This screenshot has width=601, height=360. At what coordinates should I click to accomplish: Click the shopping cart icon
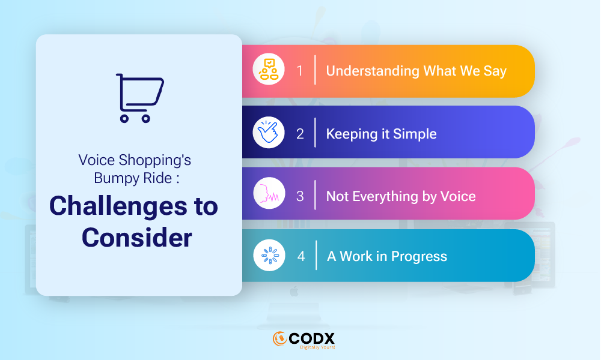pos(140,98)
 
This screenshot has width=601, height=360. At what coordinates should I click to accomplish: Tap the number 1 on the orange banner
pos(300,71)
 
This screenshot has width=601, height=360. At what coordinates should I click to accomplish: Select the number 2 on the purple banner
pos(300,134)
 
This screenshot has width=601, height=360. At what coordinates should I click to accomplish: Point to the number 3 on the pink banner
pos(300,196)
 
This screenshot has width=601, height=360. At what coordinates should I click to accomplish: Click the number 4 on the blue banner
pos(301,256)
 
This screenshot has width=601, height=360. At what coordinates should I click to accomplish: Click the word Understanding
pos(373,71)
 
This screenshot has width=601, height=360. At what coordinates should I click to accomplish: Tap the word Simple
pos(415,134)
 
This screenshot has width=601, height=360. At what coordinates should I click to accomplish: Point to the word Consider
pos(137,238)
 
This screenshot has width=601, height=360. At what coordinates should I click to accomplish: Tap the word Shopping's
pos(154,160)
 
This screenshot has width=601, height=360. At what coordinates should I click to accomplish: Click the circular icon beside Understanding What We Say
pos(268,69)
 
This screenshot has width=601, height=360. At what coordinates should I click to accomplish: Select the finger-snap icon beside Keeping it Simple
pos(268,132)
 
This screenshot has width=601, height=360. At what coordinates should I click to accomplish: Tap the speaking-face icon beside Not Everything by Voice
pos(269,193)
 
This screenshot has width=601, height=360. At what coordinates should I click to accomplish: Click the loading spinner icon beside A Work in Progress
pos(269,255)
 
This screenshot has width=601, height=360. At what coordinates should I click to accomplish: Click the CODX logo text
pos(311,338)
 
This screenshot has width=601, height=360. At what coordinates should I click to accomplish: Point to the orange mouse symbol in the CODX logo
pos(280,338)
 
